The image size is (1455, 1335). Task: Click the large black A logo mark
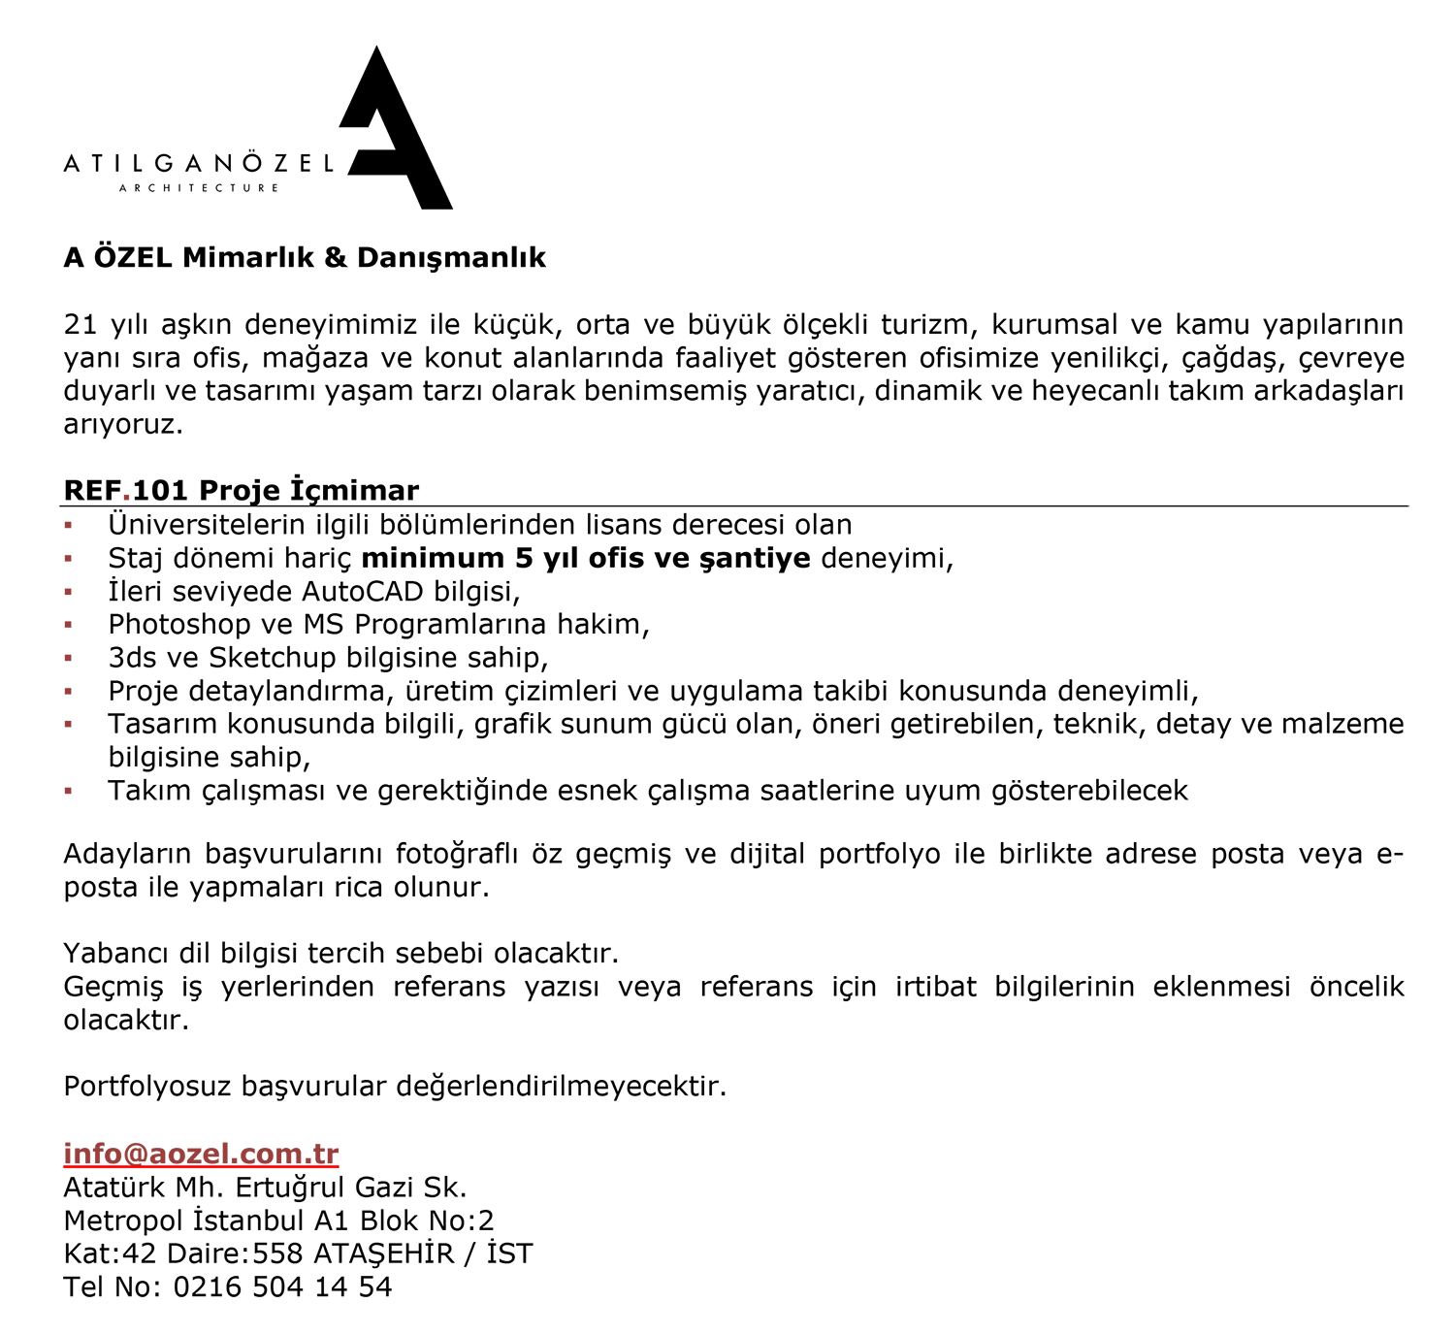393,136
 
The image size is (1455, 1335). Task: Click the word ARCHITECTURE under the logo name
199,187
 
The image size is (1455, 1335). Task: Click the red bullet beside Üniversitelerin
68,526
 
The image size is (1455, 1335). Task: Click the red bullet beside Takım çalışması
68,792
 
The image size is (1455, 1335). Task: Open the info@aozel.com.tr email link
201,1154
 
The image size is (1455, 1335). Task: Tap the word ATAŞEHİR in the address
383,1254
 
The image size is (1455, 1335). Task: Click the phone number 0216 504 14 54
282,1286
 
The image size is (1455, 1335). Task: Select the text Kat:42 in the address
110,1254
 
